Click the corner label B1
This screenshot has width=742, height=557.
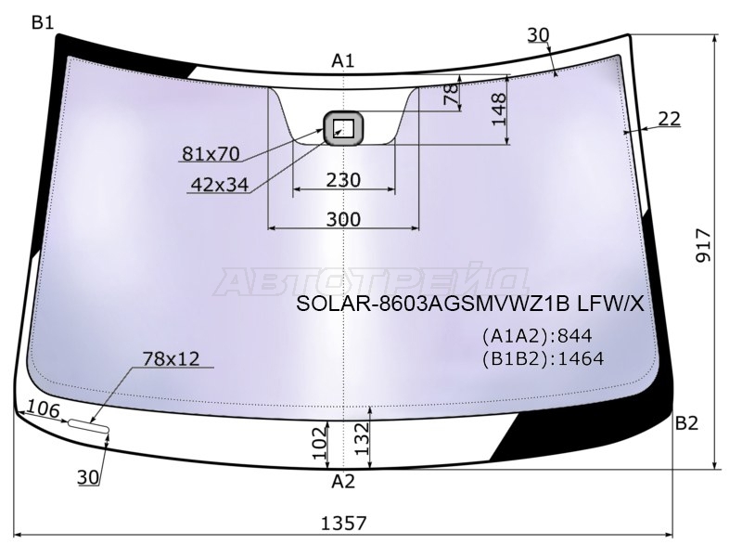point(43,21)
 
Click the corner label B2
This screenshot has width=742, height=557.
point(686,423)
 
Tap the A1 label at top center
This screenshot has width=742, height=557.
point(343,61)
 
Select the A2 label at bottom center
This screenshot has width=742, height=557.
point(343,482)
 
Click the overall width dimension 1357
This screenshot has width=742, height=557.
point(344,524)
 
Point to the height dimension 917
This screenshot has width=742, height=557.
point(704,245)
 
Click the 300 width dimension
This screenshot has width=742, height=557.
point(343,219)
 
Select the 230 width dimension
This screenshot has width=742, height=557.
point(343,180)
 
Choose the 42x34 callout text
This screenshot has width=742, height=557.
point(219,185)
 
